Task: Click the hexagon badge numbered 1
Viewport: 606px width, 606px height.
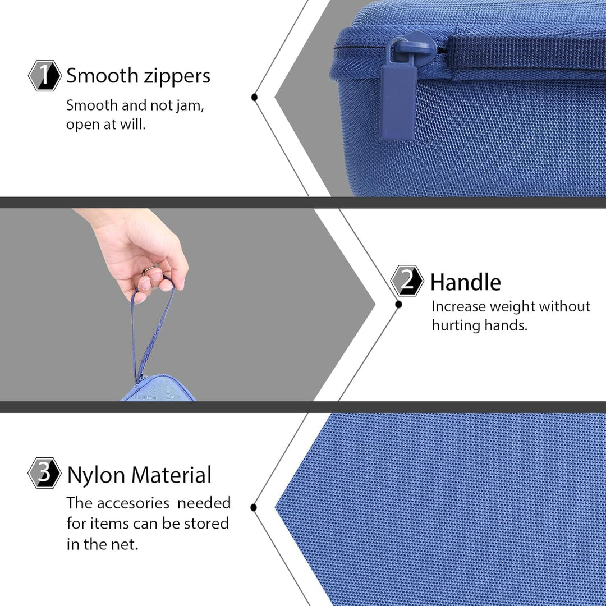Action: click(x=45, y=75)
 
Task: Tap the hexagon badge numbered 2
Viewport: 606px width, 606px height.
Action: click(x=407, y=281)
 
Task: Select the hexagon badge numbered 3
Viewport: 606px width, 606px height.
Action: click(x=45, y=472)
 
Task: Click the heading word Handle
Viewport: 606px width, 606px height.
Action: click(x=465, y=282)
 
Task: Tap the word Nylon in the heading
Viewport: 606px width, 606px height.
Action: click(x=97, y=475)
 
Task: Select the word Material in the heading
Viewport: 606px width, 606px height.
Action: click(x=172, y=475)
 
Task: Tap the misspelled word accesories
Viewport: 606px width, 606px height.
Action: click(x=134, y=503)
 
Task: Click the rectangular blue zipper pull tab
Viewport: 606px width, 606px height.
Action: click(x=398, y=102)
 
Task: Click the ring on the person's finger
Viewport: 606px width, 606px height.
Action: click(x=149, y=269)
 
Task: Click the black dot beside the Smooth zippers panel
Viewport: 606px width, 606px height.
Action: click(x=254, y=97)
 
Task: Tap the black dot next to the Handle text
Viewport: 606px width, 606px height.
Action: click(x=399, y=305)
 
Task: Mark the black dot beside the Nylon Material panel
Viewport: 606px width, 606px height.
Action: click(x=254, y=507)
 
